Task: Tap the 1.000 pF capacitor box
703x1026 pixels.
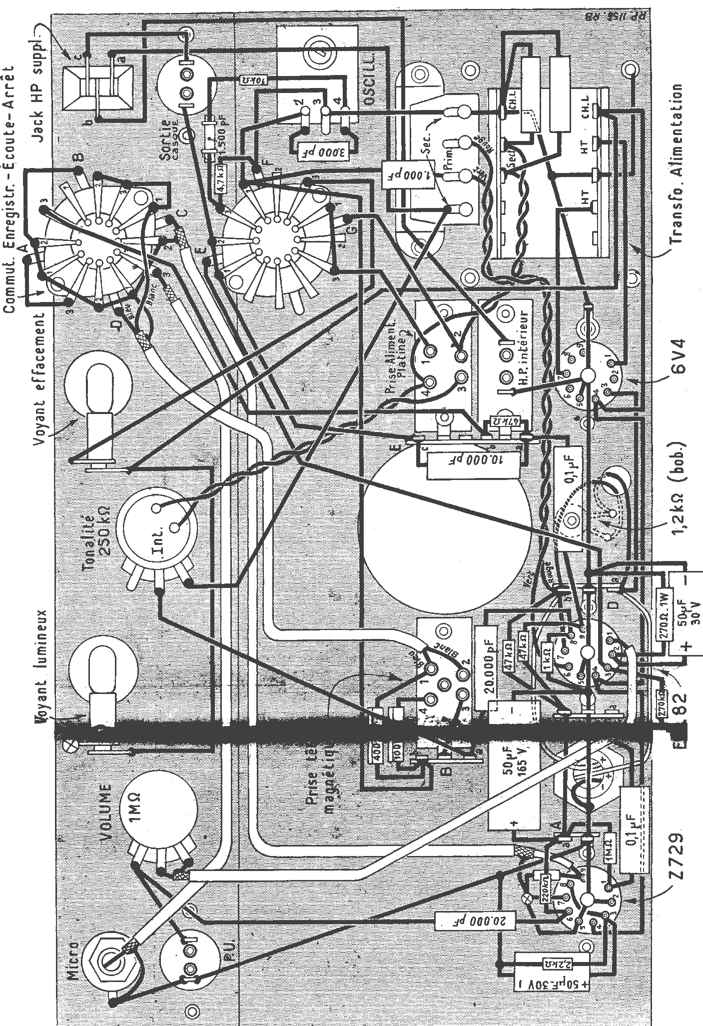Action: pos(399,174)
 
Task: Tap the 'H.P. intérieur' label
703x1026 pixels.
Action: pos(523,349)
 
